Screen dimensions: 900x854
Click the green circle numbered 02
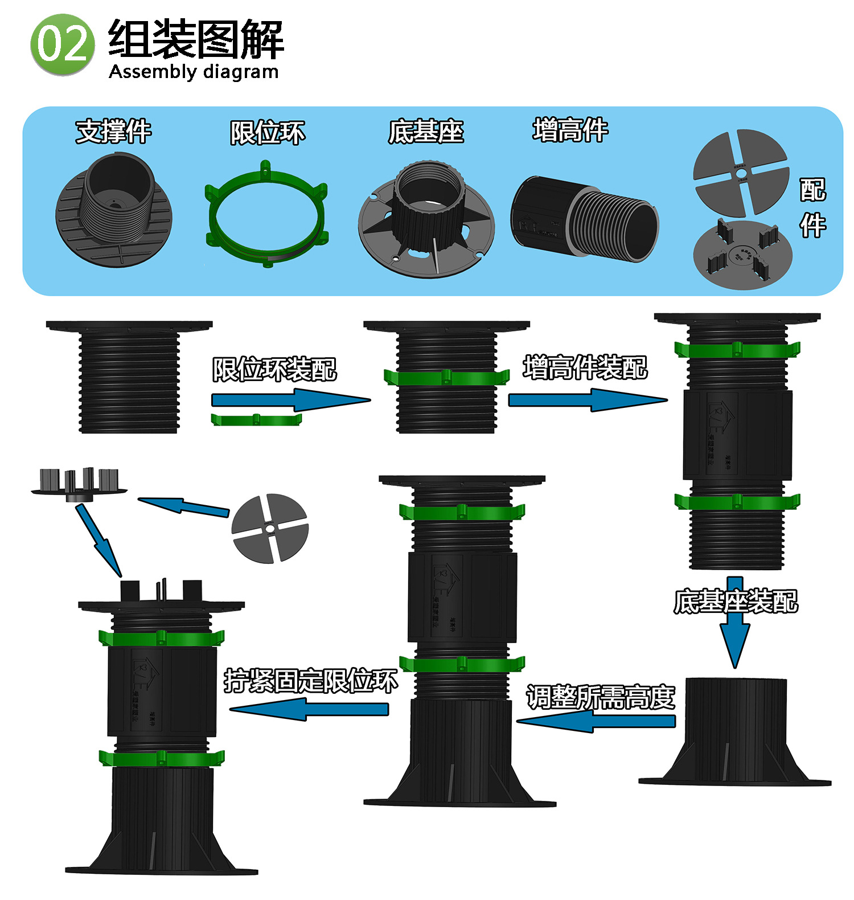tap(62, 45)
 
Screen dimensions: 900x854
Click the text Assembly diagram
tap(194, 72)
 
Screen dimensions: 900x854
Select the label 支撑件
tap(113, 132)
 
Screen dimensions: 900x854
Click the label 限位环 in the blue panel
tap(267, 133)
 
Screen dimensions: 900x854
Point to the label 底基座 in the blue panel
tap(426, 132)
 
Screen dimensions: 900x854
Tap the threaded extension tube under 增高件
tap(584, 219)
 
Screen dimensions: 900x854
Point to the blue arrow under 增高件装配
tap(586, 400)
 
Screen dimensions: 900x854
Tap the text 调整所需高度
tap(600, 697)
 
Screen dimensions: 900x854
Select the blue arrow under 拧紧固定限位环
tap(309, 710)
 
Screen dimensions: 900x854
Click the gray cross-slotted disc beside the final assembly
tap(270, 528)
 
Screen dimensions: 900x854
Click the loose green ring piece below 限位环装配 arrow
tap(256, 420)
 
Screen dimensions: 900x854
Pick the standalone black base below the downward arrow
tap(734, 732)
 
